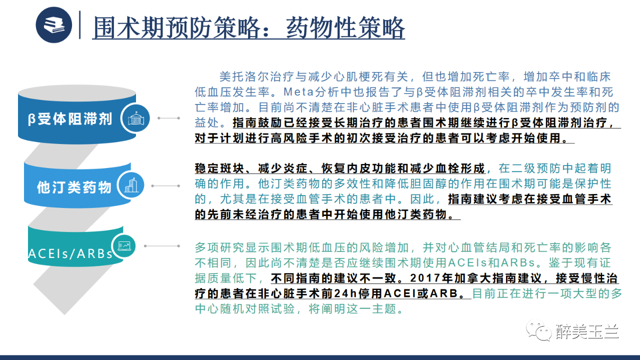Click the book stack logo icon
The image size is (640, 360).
point(53,25)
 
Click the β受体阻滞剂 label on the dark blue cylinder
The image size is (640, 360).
point(70,119)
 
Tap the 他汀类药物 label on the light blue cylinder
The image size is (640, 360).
point(74,187)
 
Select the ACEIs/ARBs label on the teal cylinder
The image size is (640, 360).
point(70,253)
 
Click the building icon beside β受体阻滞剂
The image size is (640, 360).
point(135,118)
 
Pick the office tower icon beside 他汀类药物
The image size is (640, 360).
point(131,185)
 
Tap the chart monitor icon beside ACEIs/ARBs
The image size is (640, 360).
point(124,245)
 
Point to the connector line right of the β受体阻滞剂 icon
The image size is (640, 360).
point(169,118)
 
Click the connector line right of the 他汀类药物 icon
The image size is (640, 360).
point(165,185)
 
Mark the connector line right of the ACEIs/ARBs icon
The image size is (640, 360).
point(162,245)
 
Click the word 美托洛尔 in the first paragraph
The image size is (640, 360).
point(244,76)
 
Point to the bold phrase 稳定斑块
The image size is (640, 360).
point(220,168)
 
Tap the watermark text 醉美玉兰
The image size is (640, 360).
point(587,331)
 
